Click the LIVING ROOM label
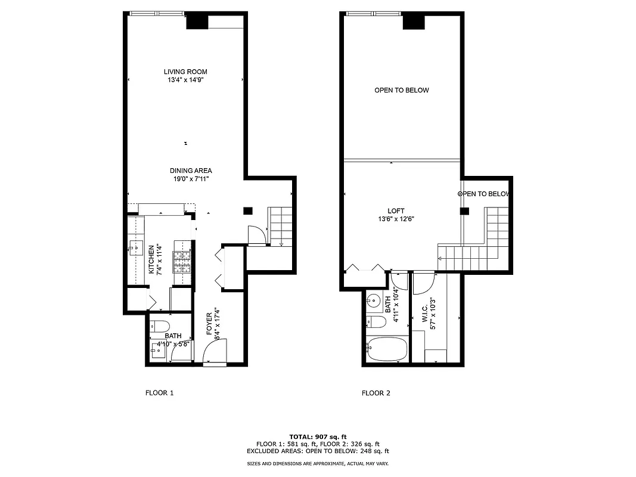pyautogui.click(x=185, y=72)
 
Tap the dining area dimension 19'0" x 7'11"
pyautogui.click(x=190, y=178)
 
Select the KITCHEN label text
pyautogui.click(x=151, y=259)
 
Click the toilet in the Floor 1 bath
pyautogui.click(x=159, y=326)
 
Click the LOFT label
pyautogui.click(x=396, y=211)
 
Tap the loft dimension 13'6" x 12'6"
pyautogui.click(x=396, y=219)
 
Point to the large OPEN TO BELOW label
pyautogui.click(x=401, y=90)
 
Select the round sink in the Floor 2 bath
pyautogui.click(x=374, y=300)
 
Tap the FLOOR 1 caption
pyautogui.click(x=159, y=393)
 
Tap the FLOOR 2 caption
pyautogui.click(x=376, y=393)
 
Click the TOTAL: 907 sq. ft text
pyautogui.click(x=318, y=436)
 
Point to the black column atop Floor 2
pyautogui.click(x=412, y=21)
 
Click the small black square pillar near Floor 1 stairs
pyautogui.click(x=247, y=210)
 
